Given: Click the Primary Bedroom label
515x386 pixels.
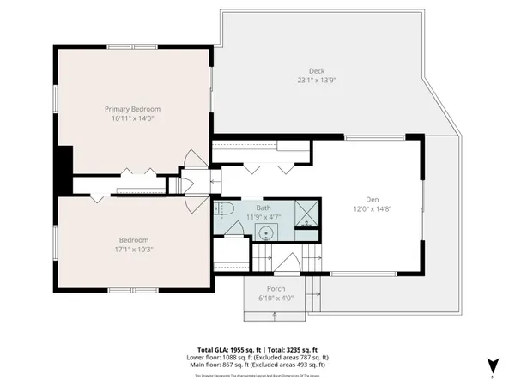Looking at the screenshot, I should [x=133, y=109].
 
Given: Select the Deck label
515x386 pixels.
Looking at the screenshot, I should [x=317, y=70].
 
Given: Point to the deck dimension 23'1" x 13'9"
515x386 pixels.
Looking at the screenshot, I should [x=317, y=80].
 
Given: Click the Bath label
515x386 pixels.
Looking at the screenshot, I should [x=264, y=208].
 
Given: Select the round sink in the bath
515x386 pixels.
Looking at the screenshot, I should [x=266, y=232].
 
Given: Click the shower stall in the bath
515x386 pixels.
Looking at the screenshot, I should [x=306, y=211].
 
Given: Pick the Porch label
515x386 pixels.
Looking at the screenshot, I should [x=276, y=288].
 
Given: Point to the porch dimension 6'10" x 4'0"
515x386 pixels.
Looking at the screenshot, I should [x=276, y=298].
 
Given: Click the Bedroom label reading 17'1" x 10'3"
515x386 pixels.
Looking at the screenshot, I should [x=133, y=240].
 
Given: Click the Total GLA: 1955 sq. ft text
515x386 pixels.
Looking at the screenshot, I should [x=227, y=350].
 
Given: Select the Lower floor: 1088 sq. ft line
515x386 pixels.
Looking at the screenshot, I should [x=257, y=358].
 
